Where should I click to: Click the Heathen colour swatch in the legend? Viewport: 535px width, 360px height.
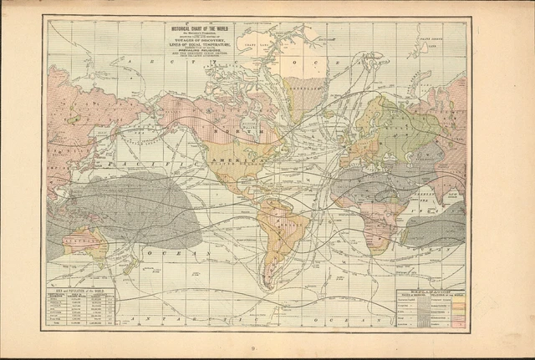click(x=458, y=326)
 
